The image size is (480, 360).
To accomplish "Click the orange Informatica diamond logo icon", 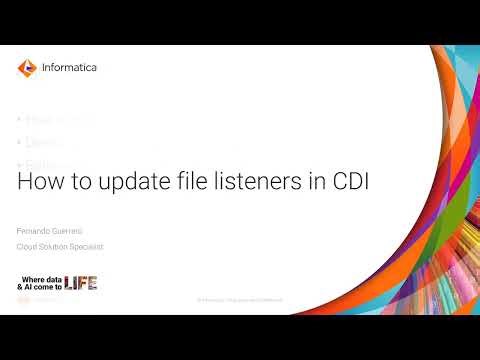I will tap(27, 68).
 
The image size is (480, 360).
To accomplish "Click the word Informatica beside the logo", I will tap(69, 68).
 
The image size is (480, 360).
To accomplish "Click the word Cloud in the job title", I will tap(29, 246).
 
